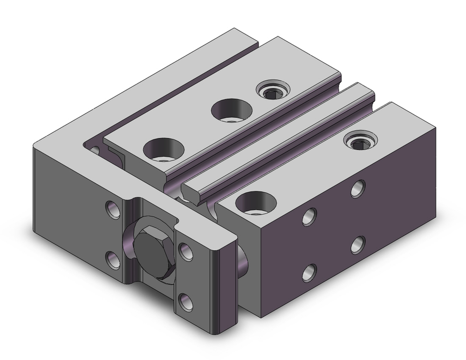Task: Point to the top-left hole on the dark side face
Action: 309,216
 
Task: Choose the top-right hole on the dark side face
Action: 358,187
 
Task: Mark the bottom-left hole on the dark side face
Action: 309,272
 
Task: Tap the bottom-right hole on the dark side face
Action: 358,243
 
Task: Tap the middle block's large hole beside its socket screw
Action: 231,110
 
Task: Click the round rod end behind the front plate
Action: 242,261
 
